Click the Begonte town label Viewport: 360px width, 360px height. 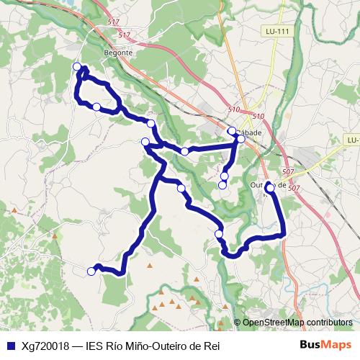(119, 53)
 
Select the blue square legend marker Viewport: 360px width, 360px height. (9, 345)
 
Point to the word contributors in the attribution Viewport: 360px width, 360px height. (328, 323)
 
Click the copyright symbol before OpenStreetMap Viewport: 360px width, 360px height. (238, 323)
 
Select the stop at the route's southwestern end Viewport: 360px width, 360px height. (91, 271)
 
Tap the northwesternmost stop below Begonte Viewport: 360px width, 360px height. (77, 67)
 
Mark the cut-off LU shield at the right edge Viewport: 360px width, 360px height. (352, 140)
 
